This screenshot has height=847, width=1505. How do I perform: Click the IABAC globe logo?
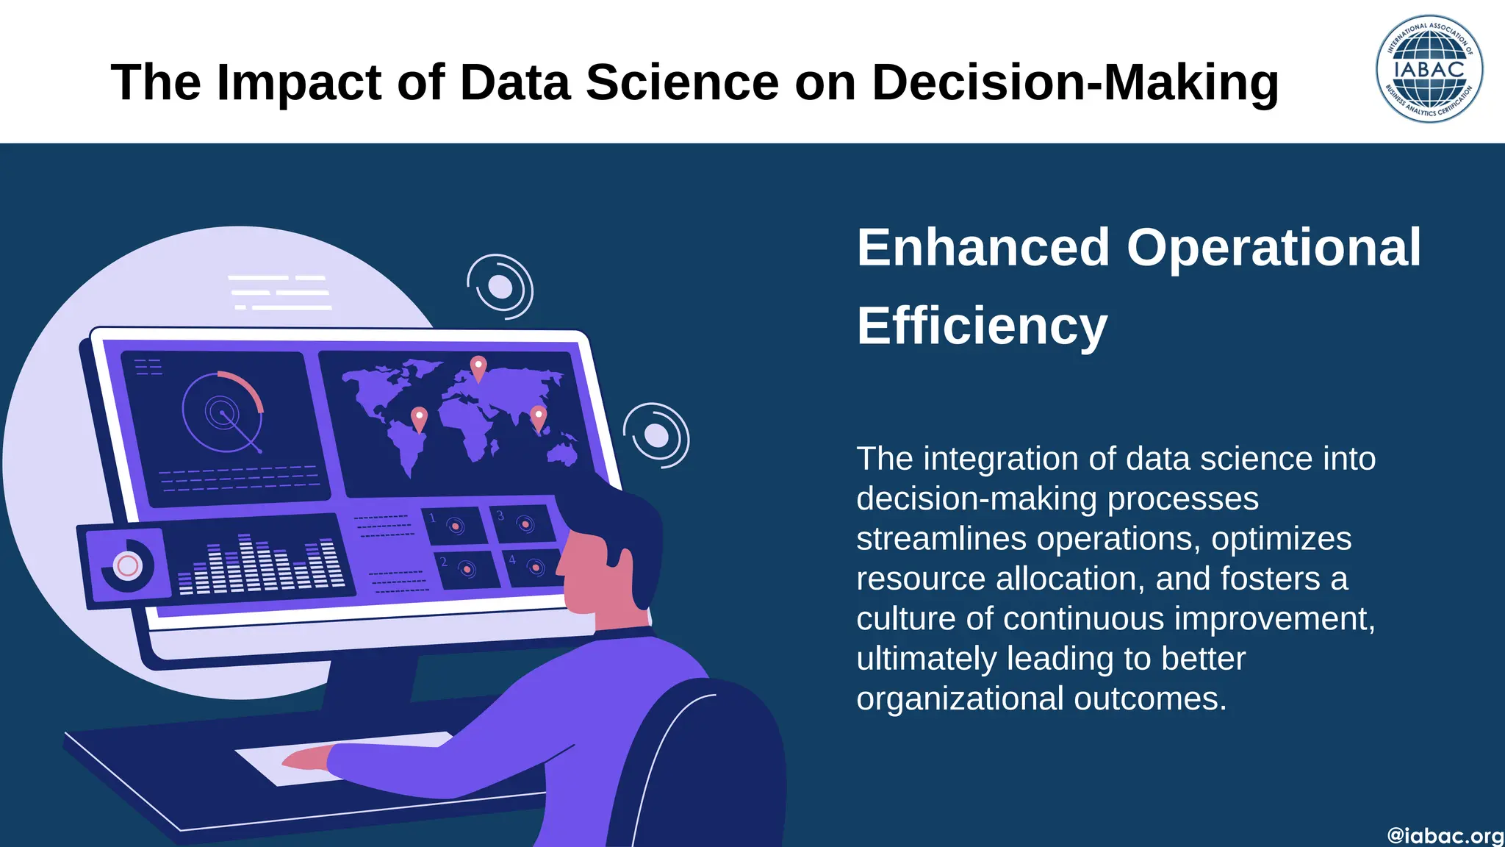coord(1429,69)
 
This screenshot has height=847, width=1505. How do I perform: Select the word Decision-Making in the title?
coord(1075,82)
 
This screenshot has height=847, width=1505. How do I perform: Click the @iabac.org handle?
coord(1445,836)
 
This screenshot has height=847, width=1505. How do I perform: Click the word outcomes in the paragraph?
coord(1150,698)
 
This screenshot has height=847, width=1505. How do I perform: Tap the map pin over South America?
coord(419,419)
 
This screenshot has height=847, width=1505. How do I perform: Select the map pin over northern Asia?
coord(478,368)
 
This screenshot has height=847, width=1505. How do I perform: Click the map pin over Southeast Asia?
coord(539,418)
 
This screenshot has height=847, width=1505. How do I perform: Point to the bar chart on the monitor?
coord(261,565)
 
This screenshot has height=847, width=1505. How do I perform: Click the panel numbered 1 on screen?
coord(454,525)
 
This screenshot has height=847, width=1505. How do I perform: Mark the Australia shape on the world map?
coord(562,454)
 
